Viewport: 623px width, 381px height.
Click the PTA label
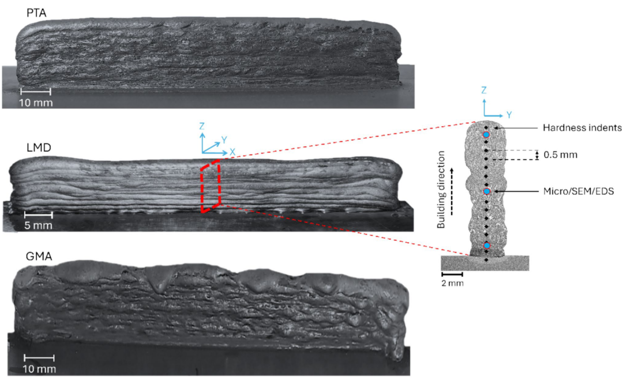[36, 13]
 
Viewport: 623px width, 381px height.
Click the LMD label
[39, 148]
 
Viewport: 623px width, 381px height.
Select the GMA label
[39, 256]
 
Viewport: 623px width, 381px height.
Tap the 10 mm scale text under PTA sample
[36, 103]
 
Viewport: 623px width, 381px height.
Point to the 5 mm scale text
[38, 225]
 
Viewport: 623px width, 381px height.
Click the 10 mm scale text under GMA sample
[39, 369]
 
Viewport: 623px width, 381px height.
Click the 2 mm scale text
[453, 283]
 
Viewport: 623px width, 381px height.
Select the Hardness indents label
[582, 128]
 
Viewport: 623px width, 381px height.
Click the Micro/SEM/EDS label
[579, 191]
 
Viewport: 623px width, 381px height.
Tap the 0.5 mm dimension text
[560, 155]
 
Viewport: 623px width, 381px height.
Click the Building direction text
[441, 190]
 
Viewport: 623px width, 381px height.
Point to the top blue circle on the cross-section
[486, 135]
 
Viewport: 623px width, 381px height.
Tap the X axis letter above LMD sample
[232, 152]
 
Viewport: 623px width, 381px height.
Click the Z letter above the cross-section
[483, 90]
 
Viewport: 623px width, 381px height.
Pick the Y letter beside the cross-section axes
[509, 115]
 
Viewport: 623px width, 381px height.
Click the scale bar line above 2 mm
[452, 274]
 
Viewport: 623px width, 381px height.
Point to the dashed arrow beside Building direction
[452, 191]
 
